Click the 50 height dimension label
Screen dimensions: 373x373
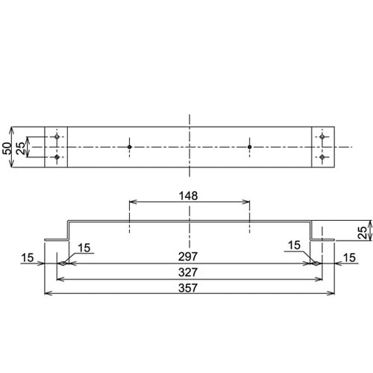7,147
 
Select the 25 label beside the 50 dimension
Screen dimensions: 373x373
20,147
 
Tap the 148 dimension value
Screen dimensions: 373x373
189,196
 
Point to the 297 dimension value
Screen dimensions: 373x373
189,257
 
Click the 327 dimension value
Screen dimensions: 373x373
189,272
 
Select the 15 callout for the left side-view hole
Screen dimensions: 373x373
84,247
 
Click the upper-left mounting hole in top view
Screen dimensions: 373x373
57,138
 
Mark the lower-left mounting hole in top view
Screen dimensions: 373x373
57,157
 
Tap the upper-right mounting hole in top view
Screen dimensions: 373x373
322,138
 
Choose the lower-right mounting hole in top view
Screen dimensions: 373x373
322,157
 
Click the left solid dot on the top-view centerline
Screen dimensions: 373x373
129,147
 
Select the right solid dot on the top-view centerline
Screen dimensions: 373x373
250,147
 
